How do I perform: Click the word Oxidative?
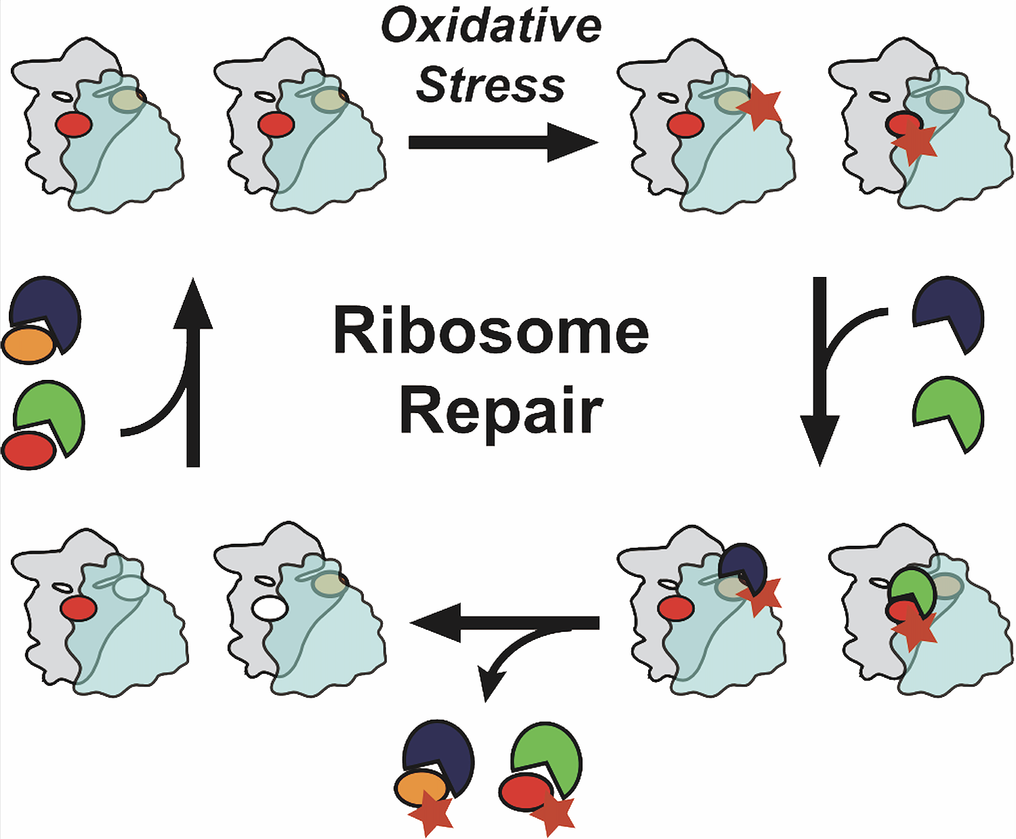pos(491,26)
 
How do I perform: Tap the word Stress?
pos(490,85)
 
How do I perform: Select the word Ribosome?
pos(491,331)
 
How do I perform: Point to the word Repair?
pos(501,411)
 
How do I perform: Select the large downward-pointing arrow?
pos(820,372)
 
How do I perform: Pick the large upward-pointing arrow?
pos(193,372)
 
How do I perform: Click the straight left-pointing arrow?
pos(505,623)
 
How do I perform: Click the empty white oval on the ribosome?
pos(270,608)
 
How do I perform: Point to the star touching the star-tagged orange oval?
pos(431,815)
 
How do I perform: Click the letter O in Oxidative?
pos(400,26)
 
